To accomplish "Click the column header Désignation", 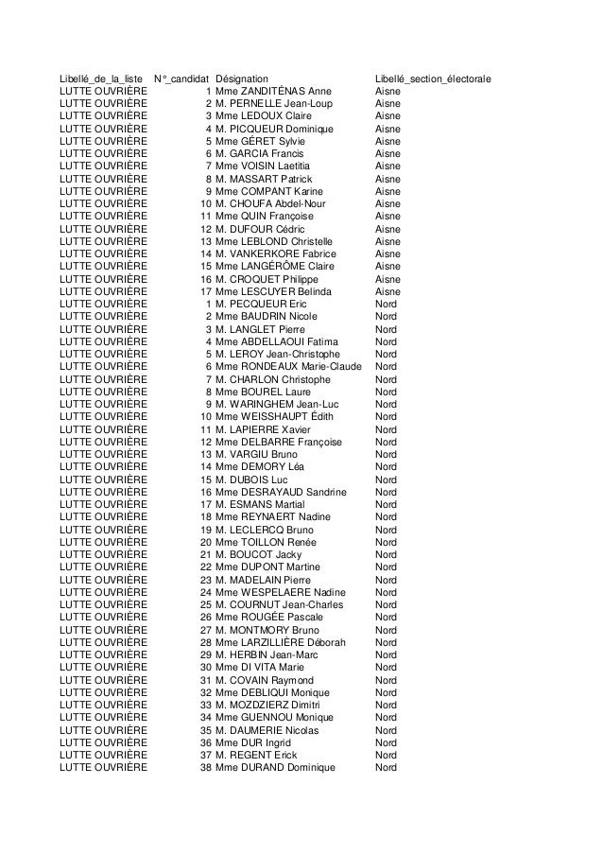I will click(241, 78).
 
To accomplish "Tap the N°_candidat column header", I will click(181, 78).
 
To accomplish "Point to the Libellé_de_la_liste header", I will click(101, 78).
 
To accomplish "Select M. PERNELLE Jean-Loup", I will click(272, 103).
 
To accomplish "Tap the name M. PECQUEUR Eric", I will click(261, 304).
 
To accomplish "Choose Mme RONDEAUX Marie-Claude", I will click(288, 366).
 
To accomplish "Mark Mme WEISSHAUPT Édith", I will click(275, 416).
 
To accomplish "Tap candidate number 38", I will click(205, 767).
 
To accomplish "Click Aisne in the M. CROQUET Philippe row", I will click(388, 279).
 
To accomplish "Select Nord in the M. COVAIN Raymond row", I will click(386, 680).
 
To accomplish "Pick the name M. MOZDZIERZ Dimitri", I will click(267, 705).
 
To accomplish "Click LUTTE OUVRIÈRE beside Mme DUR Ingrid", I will click(103, 742).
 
